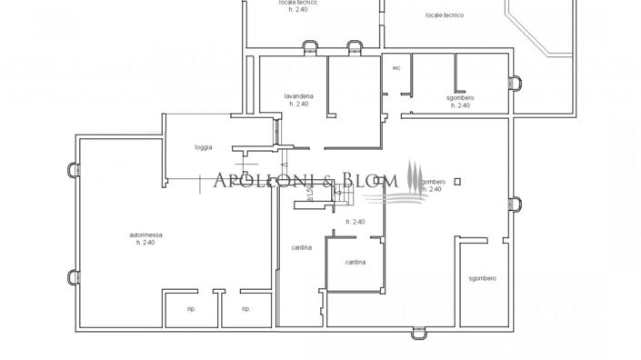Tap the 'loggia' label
(204, 147)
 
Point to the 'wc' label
(396, 67)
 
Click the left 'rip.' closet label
(192, 309)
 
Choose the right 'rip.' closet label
(245, 309)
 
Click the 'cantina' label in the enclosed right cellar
(356, 263)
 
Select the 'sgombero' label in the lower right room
(482, 277)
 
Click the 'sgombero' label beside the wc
(460, 97)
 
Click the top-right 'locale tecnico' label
(445, 15)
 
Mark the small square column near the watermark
(459, 180)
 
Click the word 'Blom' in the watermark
(374, 180)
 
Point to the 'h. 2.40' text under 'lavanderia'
(299, 105)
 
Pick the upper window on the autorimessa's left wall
(72, 169)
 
